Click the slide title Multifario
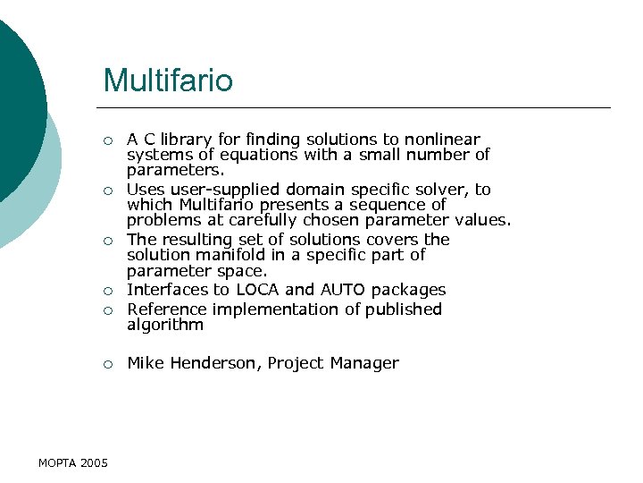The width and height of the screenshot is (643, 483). coord(168,80)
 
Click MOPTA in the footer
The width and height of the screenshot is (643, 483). coord(57,462)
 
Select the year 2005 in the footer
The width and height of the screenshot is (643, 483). coord(94,462)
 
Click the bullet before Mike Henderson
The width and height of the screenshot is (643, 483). coord(107,364)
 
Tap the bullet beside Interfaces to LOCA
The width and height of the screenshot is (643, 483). coord(107,291)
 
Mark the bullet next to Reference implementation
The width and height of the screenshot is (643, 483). coord(107,310)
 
